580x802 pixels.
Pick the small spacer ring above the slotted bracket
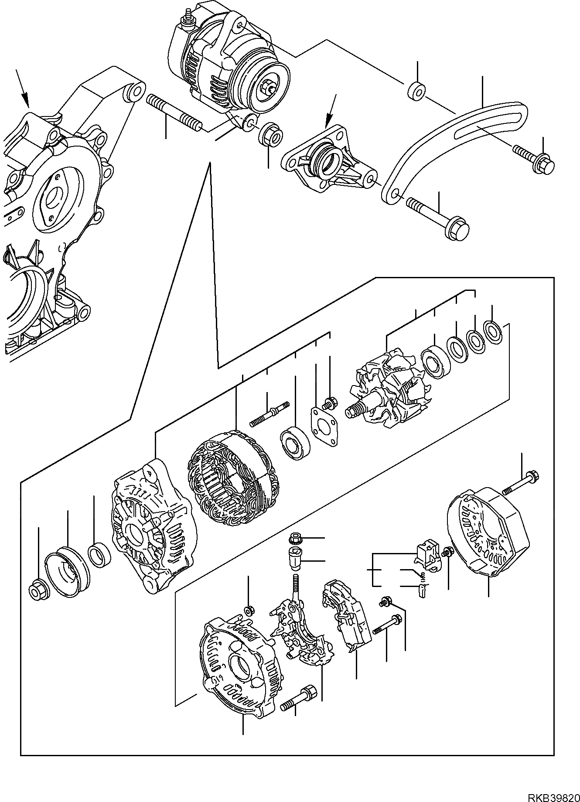pos(417,90)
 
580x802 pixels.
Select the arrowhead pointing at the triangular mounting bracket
pos(328,121)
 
